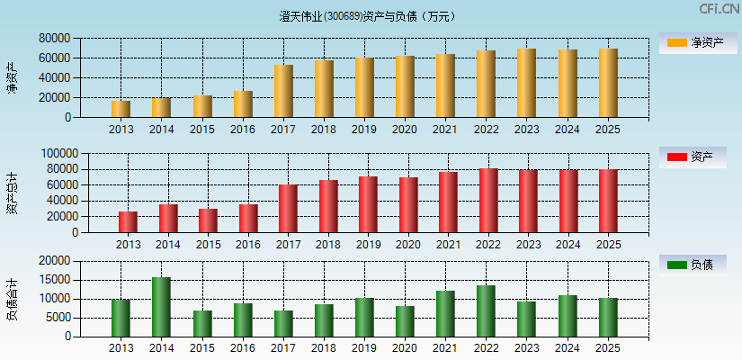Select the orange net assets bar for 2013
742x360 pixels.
[121, 109]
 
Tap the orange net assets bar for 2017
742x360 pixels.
[283, 91]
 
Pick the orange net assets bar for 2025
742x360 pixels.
[608, 83]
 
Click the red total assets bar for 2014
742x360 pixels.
[168, 219]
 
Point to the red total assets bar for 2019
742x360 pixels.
[368, 204]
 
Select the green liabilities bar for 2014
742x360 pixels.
[161, 307]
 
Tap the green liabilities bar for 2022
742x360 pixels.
[486, 311]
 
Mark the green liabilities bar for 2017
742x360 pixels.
[283, 324]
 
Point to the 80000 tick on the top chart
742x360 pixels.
[55, 39]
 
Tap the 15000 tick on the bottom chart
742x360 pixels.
[55, 280]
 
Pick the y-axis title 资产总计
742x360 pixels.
[13, 193]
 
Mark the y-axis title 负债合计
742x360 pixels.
[13, 299]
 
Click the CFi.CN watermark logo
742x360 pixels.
[719, 9]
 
